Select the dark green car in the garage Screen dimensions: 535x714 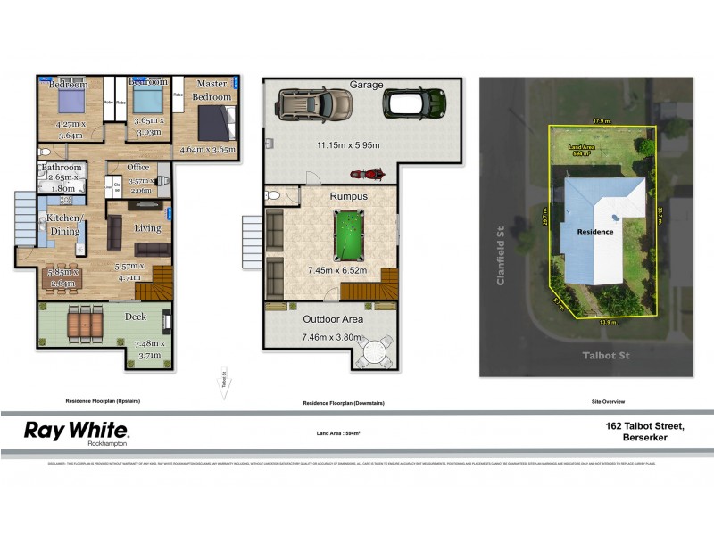tap(413, 103)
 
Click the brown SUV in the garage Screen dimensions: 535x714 tap(314, 105)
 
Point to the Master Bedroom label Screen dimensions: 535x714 tap(212, 90)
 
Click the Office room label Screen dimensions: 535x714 tap(137, 167)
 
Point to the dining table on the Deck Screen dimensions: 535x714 tap(86, 320)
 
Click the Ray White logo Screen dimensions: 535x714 tap(75, 432)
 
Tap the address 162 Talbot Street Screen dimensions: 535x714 tap(643, 427)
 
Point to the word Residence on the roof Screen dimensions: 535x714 tap(594, 231)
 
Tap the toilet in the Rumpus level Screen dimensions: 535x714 tap(275, 195)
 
